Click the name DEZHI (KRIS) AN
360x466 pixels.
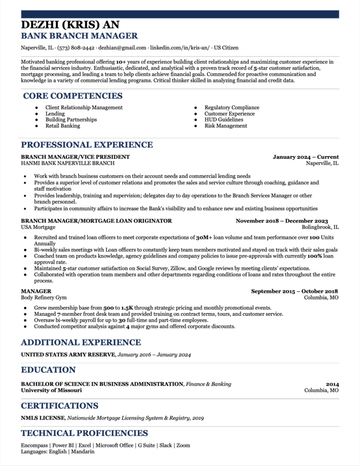coord(71,25)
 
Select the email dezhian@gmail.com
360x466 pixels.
coord(122,48)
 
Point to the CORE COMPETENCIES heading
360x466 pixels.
coord(73,96)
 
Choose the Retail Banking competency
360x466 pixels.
coord(62,126)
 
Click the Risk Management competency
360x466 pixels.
coord(226,126)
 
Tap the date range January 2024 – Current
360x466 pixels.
coord(305,157)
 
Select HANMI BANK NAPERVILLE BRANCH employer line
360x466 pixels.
coord(68,163)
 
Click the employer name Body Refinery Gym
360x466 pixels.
coord(44,298)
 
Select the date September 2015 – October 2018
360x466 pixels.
coord(294,291)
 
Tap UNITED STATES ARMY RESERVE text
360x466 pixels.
coord(68,355)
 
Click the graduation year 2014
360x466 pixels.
coord(332,384)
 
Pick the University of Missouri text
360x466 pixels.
coord(51,390)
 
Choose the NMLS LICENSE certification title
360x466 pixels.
coord(43,418)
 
